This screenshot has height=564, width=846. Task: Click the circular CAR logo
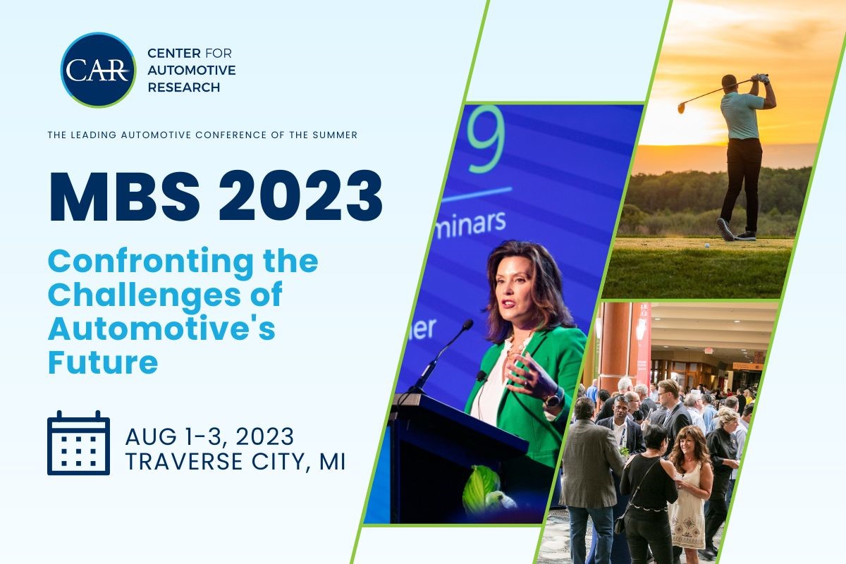98,70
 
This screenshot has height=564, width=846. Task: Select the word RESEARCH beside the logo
183,87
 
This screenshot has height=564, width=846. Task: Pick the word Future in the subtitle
102,362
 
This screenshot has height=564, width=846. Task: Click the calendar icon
78,443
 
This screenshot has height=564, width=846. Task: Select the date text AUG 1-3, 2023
209,437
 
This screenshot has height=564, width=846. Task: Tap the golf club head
682,108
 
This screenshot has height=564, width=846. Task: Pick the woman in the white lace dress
688,493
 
